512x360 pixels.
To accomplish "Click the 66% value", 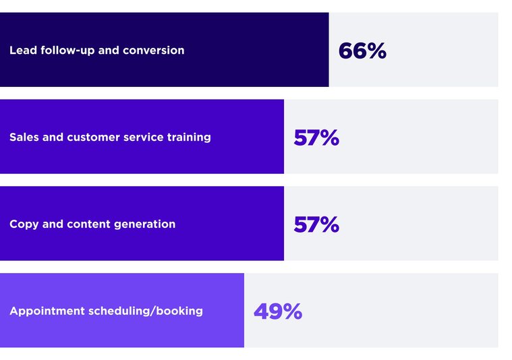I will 362,51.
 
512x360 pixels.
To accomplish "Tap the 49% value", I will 277,311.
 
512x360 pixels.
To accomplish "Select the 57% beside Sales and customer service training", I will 316,138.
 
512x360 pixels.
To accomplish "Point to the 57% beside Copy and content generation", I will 316,224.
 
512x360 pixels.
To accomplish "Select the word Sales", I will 24,138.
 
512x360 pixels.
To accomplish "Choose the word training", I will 190,138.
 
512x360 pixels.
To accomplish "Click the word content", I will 88,224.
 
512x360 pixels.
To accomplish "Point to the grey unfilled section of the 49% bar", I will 405,311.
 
